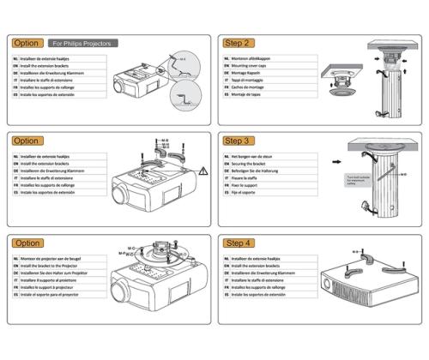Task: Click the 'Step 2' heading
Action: pyautogui.click(x=237, y=43)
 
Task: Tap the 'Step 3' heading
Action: pyautogui.click(x=237, y=141)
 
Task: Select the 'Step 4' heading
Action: pyautogui.click(x=237, y=243)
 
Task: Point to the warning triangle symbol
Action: pyautogui.click(x=203, y=171)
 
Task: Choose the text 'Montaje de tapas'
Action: pyautogui.click(x=250, y=95)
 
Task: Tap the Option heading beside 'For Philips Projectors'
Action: pyautogui.click(x=27, y=43)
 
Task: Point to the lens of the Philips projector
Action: pyautogui.click(x=120, y=88)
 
